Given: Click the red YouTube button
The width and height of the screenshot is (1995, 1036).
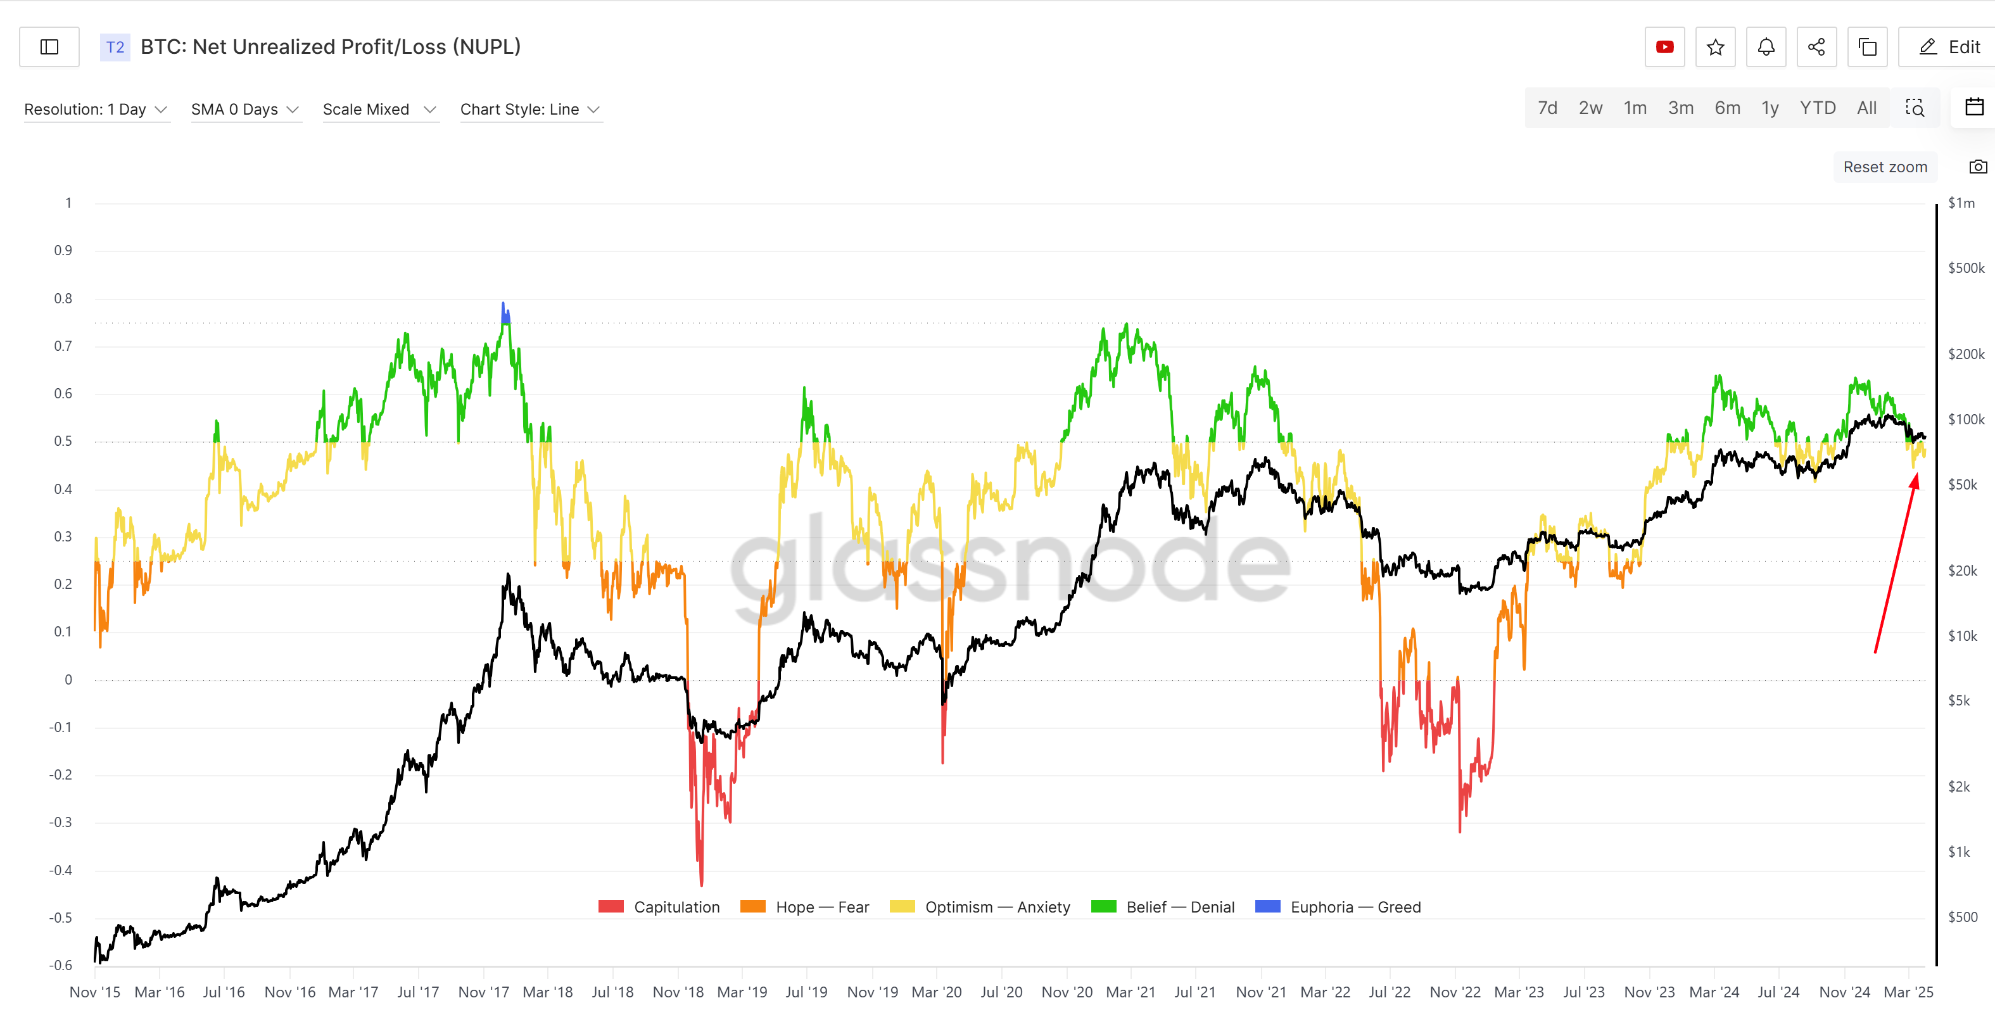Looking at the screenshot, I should [x=1664, y=47].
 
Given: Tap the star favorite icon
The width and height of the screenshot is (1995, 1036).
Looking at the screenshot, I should [x=1716, y=47].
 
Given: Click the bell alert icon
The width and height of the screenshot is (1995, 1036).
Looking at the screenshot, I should [x=1766, y=47].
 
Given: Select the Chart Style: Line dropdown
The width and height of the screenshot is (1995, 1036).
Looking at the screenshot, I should [x=529, y=109].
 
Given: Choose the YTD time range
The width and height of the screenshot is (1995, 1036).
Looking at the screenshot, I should [x=1817, y=108].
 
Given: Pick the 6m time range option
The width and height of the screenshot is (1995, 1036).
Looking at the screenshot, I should [x=1727, y=108].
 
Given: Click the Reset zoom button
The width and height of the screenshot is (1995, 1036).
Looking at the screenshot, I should [x=1884, y=167].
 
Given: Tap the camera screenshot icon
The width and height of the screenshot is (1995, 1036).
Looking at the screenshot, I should [x=1977, y=167].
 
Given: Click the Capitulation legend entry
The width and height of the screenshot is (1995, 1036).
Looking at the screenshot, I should [x=659, y=907].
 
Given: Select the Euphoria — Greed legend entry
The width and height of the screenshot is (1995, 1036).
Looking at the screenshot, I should [x=1338, y=907].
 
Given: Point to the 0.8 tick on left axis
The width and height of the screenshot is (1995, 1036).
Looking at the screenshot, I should [x=63, y=298].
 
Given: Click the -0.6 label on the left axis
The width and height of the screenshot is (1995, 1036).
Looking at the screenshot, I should [x=60, y=965].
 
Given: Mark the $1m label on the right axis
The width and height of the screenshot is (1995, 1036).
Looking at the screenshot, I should [x=1961, y=203].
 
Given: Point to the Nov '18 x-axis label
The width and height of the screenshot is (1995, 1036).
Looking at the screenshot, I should [x=678, y=992].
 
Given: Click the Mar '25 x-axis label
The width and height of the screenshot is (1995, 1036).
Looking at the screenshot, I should [x=1908, y=992].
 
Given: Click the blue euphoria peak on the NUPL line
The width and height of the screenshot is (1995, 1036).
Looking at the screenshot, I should [x=504, y=312].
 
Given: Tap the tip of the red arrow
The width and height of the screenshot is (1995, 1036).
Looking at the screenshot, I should [x=1916, y=475].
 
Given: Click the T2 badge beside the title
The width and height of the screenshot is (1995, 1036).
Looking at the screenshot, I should [x=115, y=47].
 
